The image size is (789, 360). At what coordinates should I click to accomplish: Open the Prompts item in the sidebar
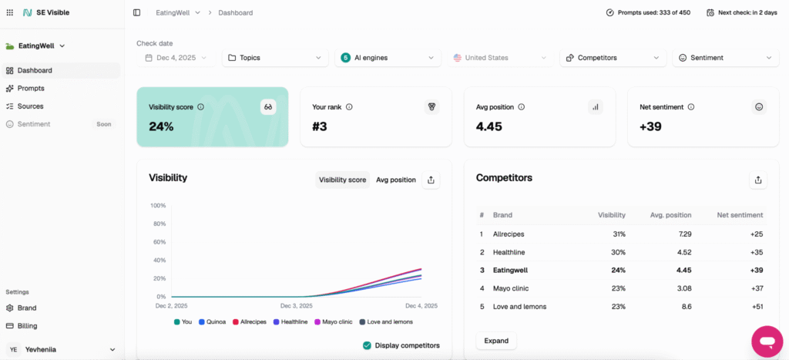31,88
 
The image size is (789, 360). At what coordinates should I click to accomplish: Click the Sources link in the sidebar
30,106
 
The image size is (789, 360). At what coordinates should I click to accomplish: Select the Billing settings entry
27,325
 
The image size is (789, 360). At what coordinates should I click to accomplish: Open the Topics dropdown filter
275,58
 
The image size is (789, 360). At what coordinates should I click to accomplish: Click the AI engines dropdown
388,58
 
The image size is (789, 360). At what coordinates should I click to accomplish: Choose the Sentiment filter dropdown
724,58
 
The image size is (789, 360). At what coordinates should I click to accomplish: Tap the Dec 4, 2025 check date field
178,58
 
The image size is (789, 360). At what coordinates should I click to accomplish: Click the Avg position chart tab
396,180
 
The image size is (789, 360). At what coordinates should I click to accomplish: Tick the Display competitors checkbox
368,345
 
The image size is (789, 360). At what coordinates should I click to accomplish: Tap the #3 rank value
320,126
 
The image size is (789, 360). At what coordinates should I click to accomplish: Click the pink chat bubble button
767,341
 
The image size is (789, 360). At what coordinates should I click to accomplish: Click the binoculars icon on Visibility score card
268,107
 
